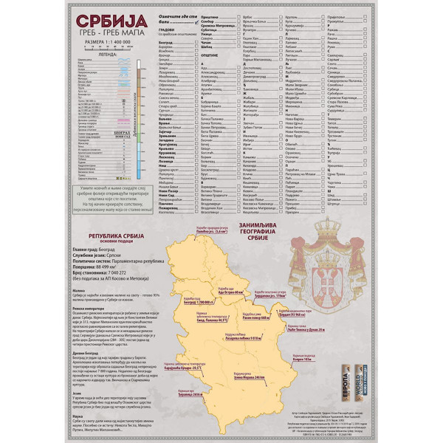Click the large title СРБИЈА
click(114, 20)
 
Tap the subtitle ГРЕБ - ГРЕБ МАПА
click(114, 34)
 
